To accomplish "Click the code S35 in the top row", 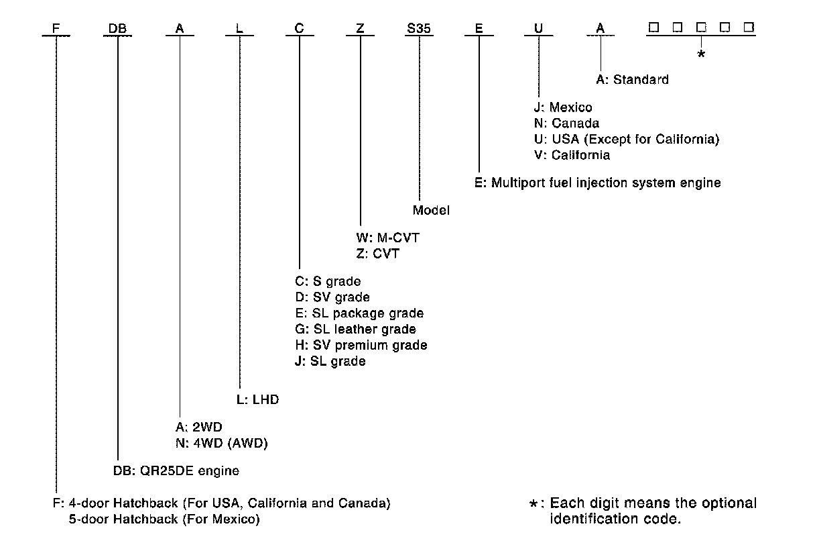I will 420,29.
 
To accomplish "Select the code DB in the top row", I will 118,29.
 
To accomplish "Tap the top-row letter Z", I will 361,29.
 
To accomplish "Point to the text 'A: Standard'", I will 632,80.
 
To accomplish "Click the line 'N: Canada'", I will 562,123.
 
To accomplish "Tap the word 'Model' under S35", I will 431,210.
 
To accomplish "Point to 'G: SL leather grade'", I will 355,330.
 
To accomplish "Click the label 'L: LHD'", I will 257,400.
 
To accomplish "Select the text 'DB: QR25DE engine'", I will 176,470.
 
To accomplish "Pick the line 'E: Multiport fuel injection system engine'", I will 597,183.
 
